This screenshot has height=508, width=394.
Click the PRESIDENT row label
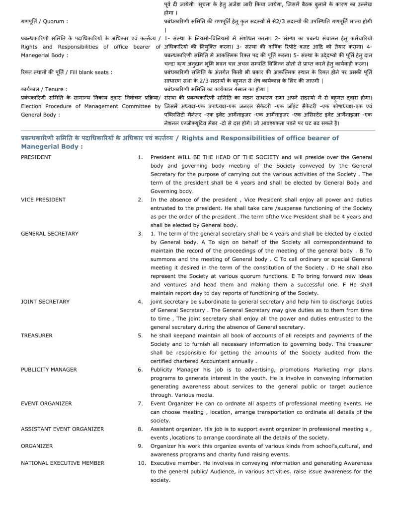[x=36, y=157]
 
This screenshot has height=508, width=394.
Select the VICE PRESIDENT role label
[x=43, y=200]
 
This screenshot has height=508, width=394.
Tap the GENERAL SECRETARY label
[x=50, y=234]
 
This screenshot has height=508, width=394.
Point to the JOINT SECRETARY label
[x=45, y=302]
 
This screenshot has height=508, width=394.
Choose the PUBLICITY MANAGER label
[x=49, y=370]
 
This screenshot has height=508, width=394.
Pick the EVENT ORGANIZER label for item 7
[x=46, y=403]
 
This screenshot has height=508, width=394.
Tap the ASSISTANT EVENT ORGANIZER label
[x=63, y=429]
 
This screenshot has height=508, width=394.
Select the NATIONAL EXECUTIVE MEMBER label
[x=63, y=463]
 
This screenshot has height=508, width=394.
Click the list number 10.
[x=142, y=463]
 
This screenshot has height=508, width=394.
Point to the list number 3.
[x=140, y=234]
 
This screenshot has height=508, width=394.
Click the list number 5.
[x=140, y=336]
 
